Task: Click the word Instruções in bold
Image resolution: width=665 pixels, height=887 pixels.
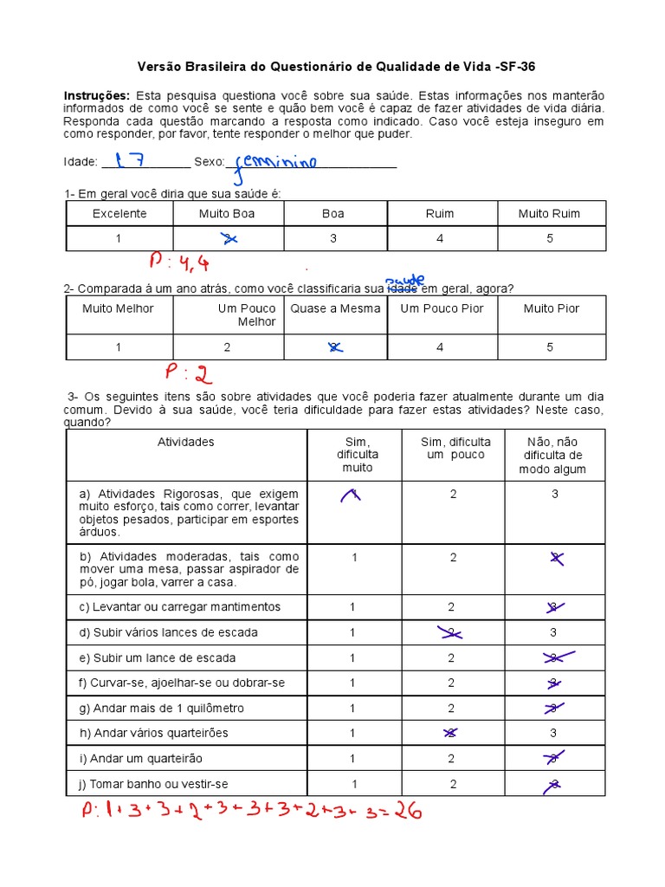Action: click(x=96, y=95)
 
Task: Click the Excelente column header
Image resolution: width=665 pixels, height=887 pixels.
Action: click(x=119, y=214)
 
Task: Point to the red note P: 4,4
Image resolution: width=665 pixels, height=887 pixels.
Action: click(x=179, y=262)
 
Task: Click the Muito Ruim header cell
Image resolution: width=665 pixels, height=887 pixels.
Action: click(x=549, y=214)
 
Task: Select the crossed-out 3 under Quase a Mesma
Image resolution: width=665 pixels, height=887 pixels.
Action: click(x=332, y=347)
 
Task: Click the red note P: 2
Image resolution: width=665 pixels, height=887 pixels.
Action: click(x=188, y=373)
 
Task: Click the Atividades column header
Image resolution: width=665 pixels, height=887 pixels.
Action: click(x=185, y=443)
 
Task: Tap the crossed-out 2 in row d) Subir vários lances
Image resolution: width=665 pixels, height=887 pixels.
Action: click(x=451, y=632)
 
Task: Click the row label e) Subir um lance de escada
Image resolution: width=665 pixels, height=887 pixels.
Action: click(x=157, y=658)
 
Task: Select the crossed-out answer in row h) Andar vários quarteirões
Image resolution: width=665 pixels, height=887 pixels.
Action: click(x=451, y=733)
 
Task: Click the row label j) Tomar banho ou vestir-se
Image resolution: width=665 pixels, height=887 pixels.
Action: click(x=153, y=784)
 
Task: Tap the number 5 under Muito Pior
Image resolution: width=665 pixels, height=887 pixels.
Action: click(x=551, y=347)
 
